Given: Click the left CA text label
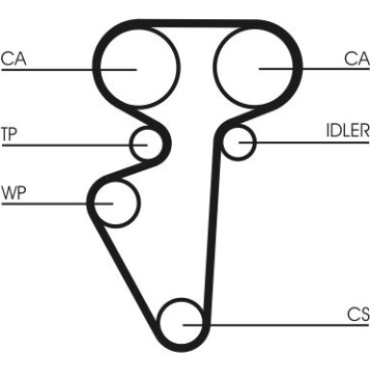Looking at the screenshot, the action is coord(14,58).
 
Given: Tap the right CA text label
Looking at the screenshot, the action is coord(357,58).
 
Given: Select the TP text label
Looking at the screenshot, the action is coord(10,133).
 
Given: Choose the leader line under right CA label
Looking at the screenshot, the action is coord(317,68).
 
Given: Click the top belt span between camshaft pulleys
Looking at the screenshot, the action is coord(197,22).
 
